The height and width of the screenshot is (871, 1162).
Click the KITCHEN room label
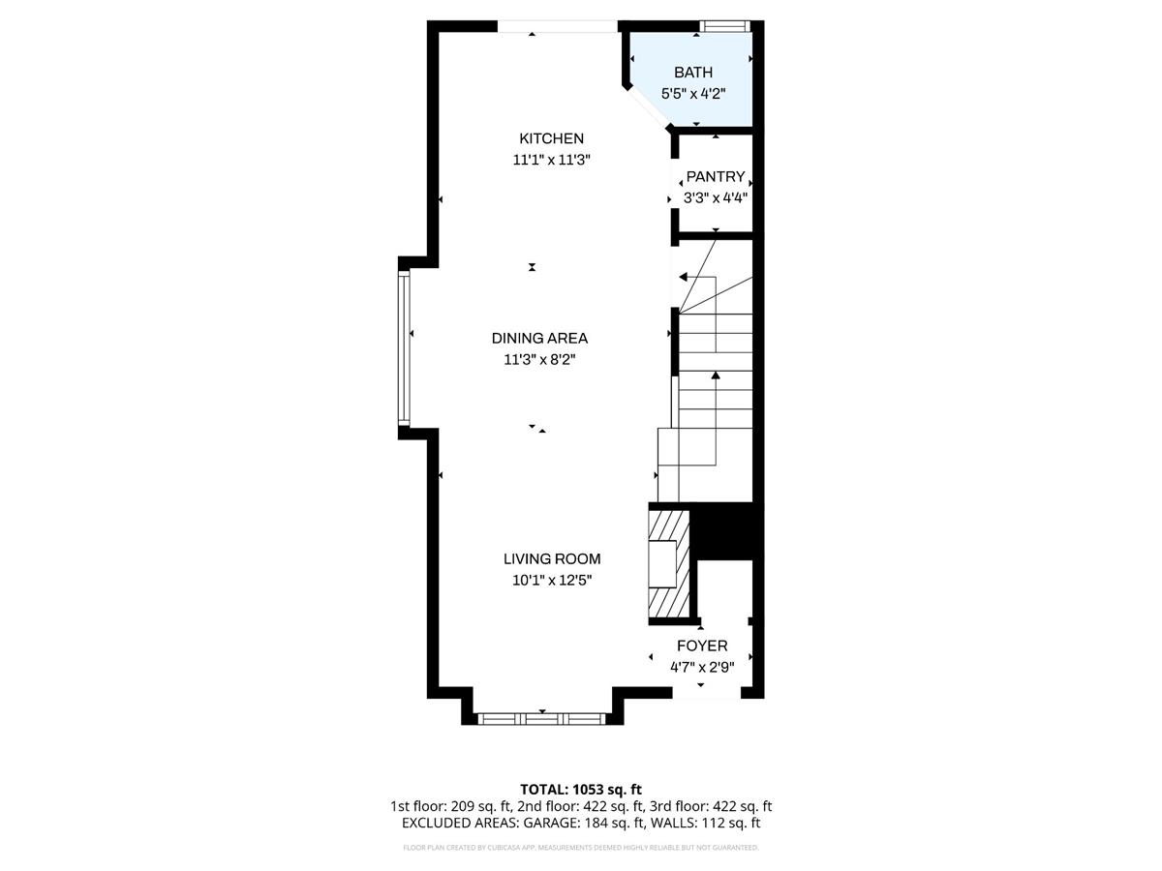coord(551,138)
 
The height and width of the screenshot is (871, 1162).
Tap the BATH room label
coord(693,73)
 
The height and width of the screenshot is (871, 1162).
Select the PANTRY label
coord(716,177)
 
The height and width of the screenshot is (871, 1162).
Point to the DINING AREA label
coord(539,339)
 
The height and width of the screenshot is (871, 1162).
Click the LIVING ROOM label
coord(551,559)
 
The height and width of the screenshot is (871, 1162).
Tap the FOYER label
coord(702,646)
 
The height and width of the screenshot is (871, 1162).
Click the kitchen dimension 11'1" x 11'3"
coord(551,161)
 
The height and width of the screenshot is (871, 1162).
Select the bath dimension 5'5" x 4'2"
coord(693,94)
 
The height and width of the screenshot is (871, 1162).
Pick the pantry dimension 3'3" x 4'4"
coord(716,198)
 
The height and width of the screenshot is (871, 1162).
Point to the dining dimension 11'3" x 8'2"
coord(539,360)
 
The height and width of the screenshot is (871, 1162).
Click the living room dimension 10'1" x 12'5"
coord(551,581)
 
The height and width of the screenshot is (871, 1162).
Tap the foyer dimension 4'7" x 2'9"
coord(702,667)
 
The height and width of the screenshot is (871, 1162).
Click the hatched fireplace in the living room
coord(668,562)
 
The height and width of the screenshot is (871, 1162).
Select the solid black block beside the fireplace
coord(724,531)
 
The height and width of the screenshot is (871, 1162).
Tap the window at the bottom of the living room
coord(541,719)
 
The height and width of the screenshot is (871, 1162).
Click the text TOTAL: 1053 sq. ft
coord(581,789)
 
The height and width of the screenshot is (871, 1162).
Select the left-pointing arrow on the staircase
coord(684,277)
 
